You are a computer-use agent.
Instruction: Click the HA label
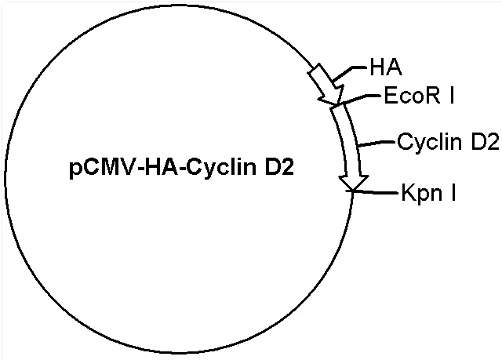tap(386, 67)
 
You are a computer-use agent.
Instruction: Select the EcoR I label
tap(420, 95)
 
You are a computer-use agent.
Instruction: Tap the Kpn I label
tap(429, 194)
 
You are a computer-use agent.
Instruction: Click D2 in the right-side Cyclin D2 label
tap(485, 141)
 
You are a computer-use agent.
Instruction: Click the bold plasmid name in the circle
tap(181, 168)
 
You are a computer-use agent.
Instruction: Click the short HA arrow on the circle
tap(326, 84)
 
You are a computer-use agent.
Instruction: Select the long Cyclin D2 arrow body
tap(349, 144)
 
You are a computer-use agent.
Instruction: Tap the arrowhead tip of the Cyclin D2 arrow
tap(352, 191)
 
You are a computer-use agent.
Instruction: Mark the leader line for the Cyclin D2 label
tap(376, 143)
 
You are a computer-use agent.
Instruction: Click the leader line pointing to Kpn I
tap(375, 192)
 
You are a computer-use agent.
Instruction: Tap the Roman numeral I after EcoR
tap(452, 95)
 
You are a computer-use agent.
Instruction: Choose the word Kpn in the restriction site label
tap(420, 194)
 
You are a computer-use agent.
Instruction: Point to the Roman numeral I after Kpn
tap(453, 191)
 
